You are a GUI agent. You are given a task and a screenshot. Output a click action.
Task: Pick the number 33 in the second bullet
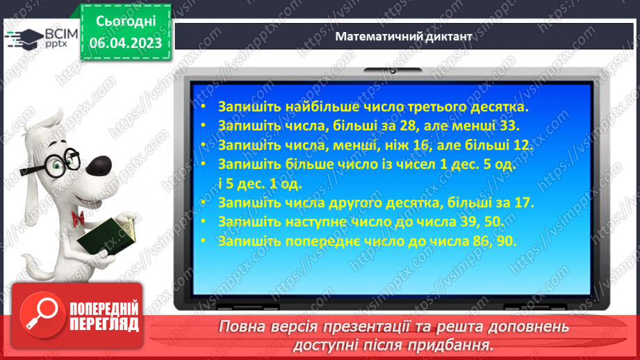[x=509, y=126]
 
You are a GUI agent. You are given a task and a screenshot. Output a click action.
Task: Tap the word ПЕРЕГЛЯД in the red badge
[x=104, y=323]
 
